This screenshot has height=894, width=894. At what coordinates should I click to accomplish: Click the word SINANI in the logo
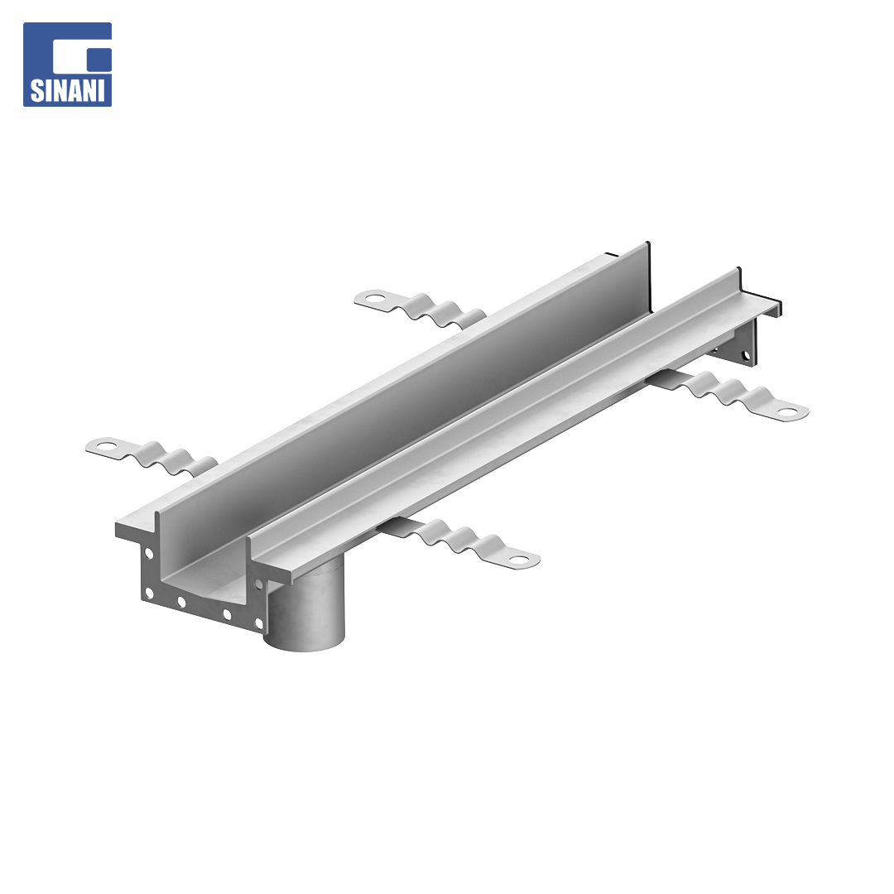coord(67,89)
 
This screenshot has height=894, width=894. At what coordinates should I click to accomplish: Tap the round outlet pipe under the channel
coord(305,609)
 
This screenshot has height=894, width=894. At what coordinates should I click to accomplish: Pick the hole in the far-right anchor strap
coord(787,411)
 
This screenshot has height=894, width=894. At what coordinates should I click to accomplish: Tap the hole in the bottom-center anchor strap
coord(518,559)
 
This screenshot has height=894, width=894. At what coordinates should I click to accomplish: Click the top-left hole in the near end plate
coord(149,552)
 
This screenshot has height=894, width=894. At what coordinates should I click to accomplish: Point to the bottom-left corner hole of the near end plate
coord(149,593)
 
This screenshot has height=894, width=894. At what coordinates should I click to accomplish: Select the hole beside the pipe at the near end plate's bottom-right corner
coord(258,624)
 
